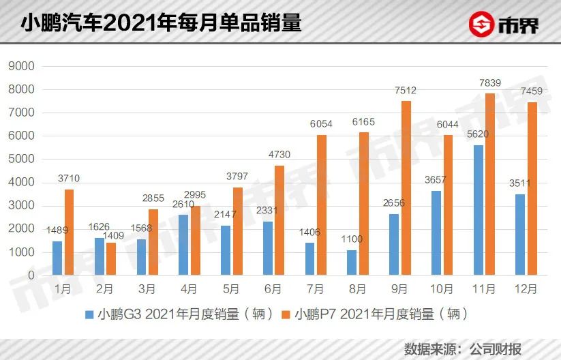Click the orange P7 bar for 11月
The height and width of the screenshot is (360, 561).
click(489, 184)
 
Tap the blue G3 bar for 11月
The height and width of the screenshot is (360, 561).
click(480, 210)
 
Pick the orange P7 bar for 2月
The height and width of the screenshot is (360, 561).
click(110, 258)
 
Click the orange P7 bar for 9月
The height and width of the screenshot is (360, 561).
click(406, 188)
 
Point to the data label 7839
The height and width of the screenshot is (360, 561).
click(490, 83)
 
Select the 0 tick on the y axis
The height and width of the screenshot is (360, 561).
click(30, 275)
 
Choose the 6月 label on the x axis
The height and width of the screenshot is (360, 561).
click(273, 289)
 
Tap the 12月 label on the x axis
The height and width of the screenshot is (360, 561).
click(527, 289)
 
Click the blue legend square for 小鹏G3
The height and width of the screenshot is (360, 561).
click(89, 315)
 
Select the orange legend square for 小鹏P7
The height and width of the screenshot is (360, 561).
click(286, 315)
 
